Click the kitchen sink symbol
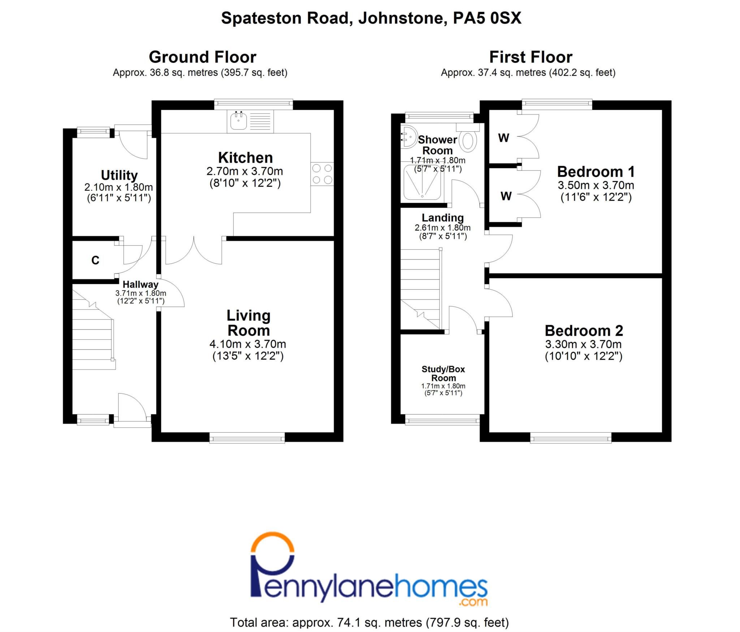coord(238,121)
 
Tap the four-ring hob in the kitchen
coord(322,174)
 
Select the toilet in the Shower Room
coord(469,141)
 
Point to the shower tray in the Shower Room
coord(422,182)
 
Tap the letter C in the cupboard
coord(95,260)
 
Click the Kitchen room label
coord(245,158)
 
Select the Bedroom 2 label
coord(584,331)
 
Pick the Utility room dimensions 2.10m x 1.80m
coord(119,187)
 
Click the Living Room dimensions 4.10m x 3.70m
coord(248,344)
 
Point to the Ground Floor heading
coord(202,57)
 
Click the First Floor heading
coord(530,57)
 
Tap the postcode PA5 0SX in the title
coord(487,18)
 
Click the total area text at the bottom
coord(369,622)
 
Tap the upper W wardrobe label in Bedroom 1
coord(503,138)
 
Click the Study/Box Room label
coord(443,373)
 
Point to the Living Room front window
coord(247,439)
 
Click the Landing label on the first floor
coord(443,218)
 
